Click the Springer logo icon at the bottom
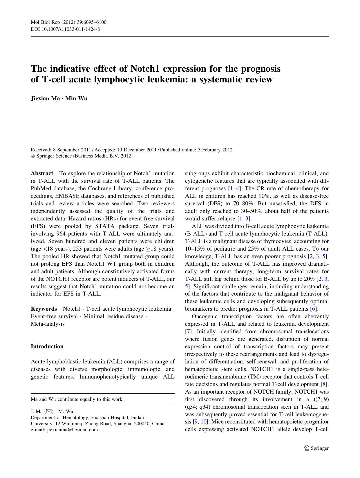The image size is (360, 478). tap(307, 448)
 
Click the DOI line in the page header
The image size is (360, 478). tap(65, 29)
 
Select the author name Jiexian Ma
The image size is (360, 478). tap(46, 98)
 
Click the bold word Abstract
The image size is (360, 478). tap(42, 173)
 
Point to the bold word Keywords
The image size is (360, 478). tap(44, 309)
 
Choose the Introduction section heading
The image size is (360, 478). tap(47, 346)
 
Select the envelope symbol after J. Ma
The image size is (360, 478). tap(49, 411)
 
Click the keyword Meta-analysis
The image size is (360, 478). tap(48, 324)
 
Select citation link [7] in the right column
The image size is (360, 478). tap(188, 332)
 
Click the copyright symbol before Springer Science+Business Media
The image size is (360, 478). tap(32, 156)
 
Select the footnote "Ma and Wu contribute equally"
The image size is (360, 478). tap(77, 399)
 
